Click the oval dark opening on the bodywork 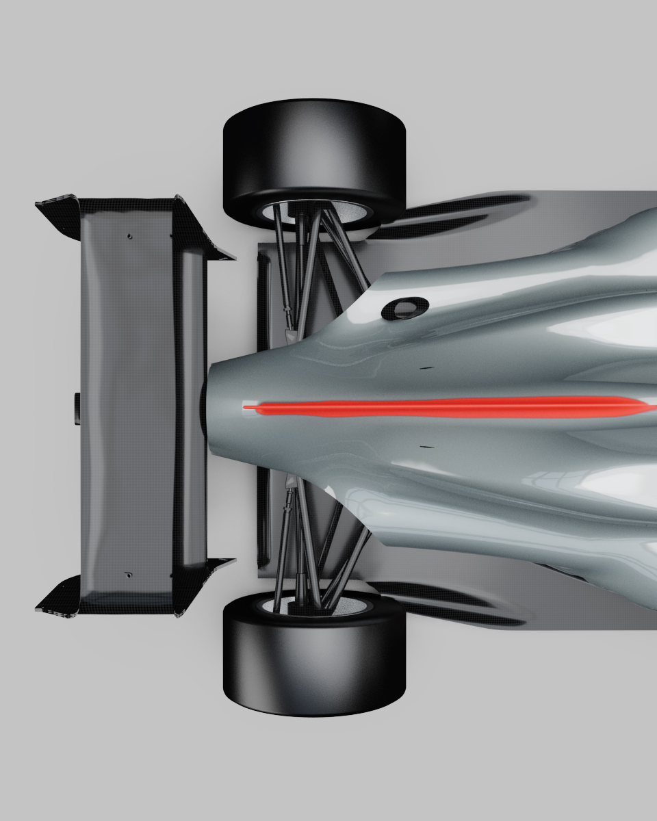(404, 307)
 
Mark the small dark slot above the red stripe (426, 368)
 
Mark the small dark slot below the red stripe (426, 447)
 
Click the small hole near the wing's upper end (129, 237)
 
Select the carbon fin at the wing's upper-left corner (58, 212)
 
